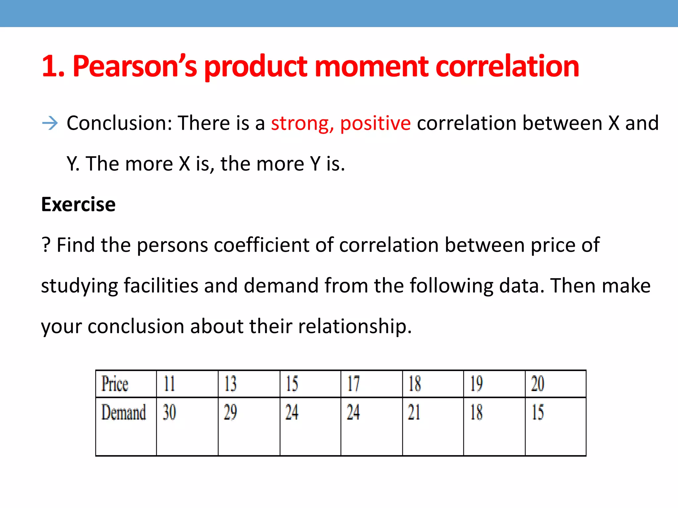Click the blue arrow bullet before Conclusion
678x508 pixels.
(50, 123)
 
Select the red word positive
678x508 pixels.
(375, 123)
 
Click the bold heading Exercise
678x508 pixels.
(78, 204)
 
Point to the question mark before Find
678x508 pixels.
(46, 245)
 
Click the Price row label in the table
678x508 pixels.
(115, 384)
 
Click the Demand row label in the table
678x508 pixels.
(123, 412)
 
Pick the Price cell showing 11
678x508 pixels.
(169, 384)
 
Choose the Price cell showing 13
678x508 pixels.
(230, 384)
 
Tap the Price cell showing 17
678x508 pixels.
(353, 384)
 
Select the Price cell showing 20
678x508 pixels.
(538, 384)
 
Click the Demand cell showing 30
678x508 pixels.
(169, 412)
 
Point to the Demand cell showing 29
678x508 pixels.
(230, 412)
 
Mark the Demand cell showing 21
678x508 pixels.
(414, 412)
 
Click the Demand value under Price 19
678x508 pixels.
(476, 412)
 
